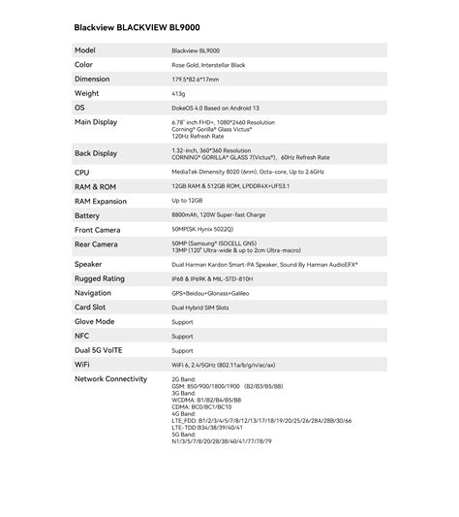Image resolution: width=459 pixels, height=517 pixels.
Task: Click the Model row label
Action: [x=85, y=49]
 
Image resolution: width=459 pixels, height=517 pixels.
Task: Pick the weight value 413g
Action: [x=179, y=93]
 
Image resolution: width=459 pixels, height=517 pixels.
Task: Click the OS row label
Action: [x=80, y=108]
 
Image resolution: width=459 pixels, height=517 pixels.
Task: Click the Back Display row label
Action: [x=96, y=153]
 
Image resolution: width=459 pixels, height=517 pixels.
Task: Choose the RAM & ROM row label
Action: [x=96, y=185]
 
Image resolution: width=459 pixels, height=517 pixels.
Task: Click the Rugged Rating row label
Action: [x=100, y=278]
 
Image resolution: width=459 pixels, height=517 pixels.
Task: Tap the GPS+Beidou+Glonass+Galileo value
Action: [x=210, y=292]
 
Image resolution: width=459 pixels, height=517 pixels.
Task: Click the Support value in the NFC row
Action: [x=182, y=336]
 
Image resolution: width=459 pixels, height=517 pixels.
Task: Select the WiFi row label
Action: [x=82, y=365]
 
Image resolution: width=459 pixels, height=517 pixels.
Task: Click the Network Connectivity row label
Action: [x=110, y=379]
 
